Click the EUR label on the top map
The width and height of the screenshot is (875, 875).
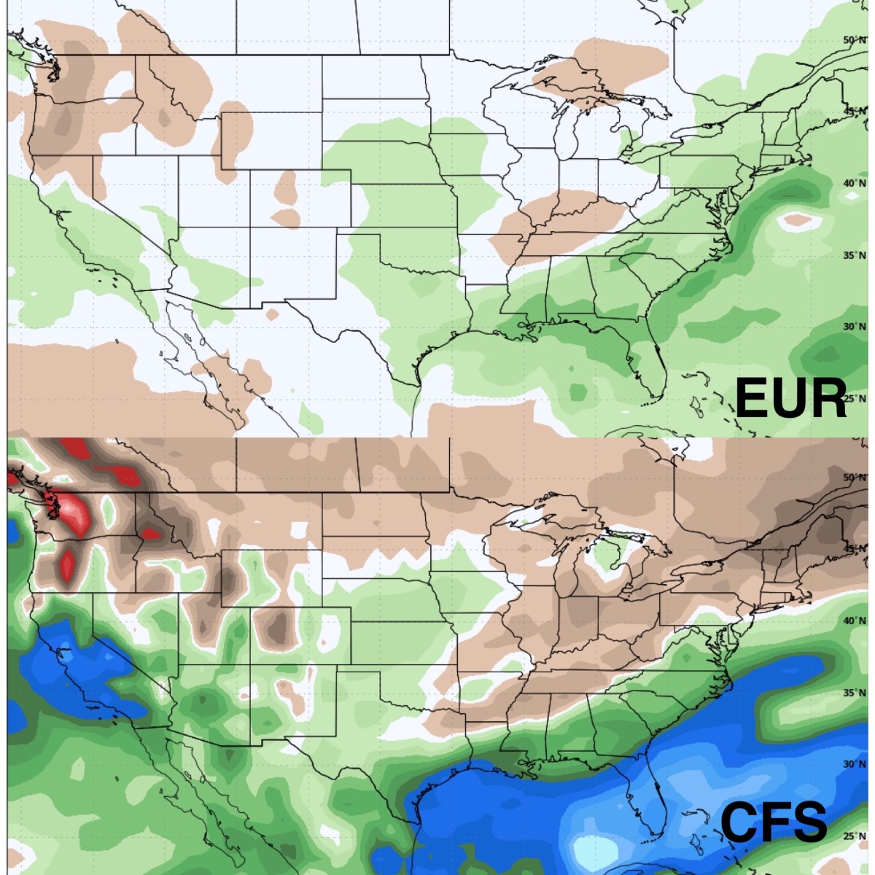791,398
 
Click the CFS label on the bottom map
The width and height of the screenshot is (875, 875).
774,822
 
